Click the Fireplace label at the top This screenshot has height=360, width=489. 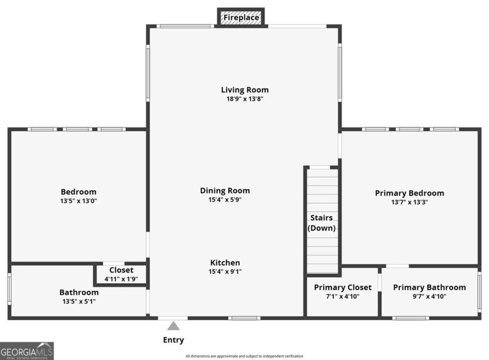pyautogui.click(x=241, y=18)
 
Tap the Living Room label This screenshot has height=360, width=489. pyautogui.click(x=245, y=90)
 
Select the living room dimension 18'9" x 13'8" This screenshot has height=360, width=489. pyautogui.click(x=245, y=99)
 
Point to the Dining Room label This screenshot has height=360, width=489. pyautogui.click(x=225, y=190)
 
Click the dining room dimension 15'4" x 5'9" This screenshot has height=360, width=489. pyautogui.click(x=225, y=200)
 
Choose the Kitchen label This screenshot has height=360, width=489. pyautogui.click(x=225, y=263)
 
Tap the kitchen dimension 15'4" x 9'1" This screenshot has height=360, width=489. pyautogui.click(x=225, y=271)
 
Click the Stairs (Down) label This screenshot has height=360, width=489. pyautogui.click(x=322, y=223)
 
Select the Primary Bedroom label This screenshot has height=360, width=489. pyautogui.click(x=409, y=193)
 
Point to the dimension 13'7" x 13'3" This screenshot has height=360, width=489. pyautogui.click(x=409, y=202)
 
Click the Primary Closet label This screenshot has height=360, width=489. pyautogui.click(x=342, y=287)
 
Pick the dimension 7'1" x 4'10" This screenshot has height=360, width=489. pyautogui.click(x=342, y=297)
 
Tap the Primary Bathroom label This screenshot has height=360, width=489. pyautogui.click(x=429, y=287)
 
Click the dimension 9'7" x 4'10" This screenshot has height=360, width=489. pyautogui.click(x=429, y=297)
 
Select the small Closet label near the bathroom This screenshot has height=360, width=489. pyautogui.click(x=121, y=270)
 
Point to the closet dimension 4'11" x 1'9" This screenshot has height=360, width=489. pyautogui.click(x=121, y=279)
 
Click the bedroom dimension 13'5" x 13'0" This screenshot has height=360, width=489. pyautogui.click(x=79, y=201)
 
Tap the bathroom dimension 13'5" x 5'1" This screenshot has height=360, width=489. pyautogui.click(x=79, y=301)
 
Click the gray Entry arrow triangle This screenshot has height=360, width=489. pyautogui.click(x=173, y=326)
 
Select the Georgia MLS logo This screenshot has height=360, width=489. pyautogui.click(x=27, y=351)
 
